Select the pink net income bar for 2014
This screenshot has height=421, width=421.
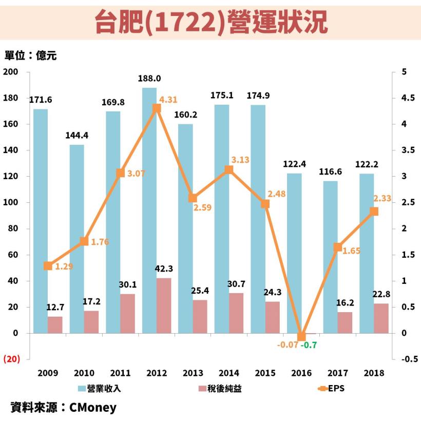[236, 313]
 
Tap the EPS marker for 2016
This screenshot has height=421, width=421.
[301, 337]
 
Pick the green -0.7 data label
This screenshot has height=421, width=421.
[309, 345]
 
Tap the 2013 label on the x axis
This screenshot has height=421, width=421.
[193, 373]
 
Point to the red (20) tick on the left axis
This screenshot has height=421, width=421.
[12, 359]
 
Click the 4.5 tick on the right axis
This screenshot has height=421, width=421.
[405, 98]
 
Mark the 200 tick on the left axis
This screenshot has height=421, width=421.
[11, 72]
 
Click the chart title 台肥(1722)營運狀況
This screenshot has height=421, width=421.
[211, 22]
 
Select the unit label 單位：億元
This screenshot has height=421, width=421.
[30, 56]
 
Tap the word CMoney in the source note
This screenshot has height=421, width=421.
[92, 408]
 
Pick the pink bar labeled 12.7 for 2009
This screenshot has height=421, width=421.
[55, 325]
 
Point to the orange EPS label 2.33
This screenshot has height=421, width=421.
[382, 198]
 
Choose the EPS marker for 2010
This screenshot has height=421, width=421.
[84, 241]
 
